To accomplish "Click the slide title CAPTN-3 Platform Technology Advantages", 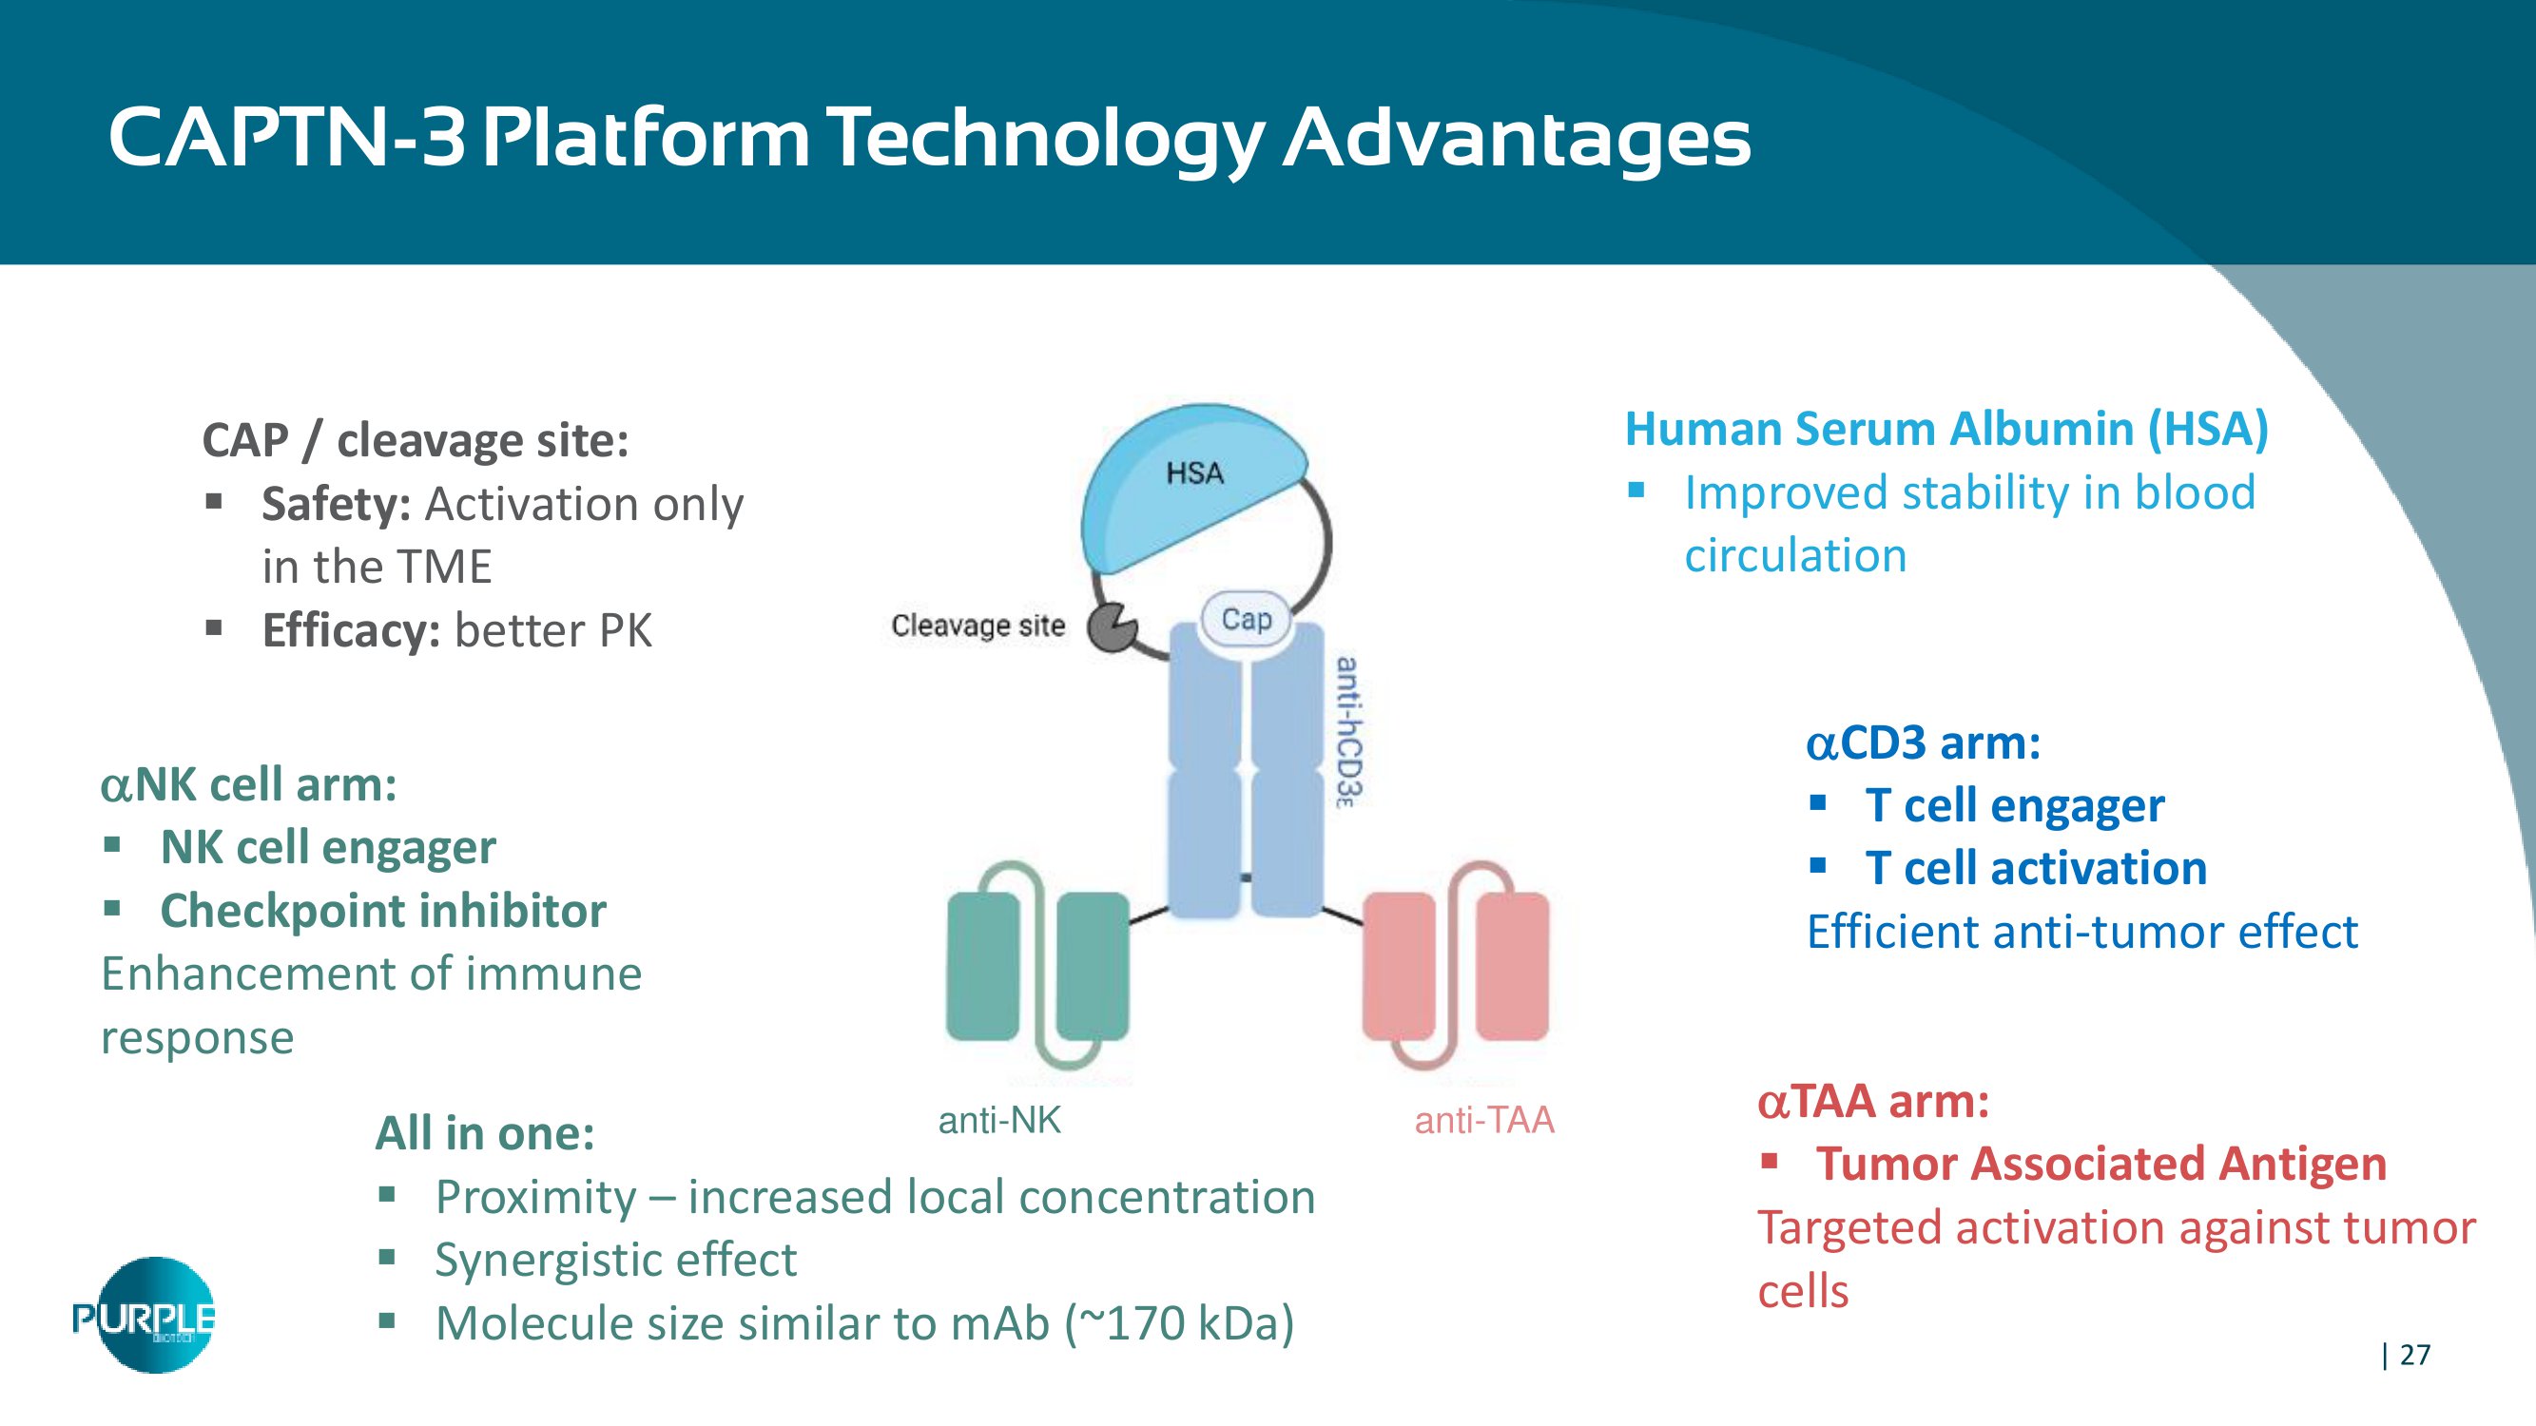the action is (929, 139).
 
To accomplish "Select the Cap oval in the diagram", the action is (1247, 619).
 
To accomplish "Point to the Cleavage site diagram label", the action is (978, 626).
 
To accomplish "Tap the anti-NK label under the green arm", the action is (999, 1120).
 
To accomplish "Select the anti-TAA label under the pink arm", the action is (1484, 1120).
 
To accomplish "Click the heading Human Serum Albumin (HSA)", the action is (1946, 430).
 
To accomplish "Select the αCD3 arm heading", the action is (1924, 743).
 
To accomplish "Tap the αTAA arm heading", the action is (1873, 1101).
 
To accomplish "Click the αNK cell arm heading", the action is (249, 785).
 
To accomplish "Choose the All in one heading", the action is (485, 1134).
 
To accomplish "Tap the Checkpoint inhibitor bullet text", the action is (383, 912).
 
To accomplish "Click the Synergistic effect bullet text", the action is (616, 1261).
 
